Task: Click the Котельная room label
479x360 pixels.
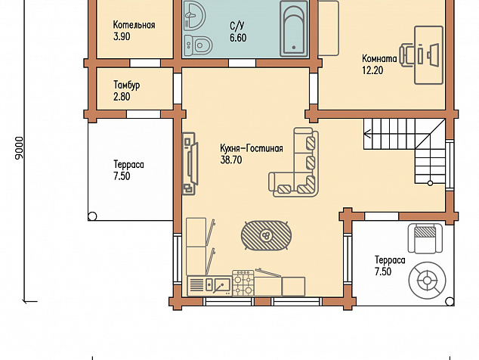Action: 134,25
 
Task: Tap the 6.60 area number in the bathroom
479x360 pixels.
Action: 238,38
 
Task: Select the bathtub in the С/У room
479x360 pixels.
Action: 294,29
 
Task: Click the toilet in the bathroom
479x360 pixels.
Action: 199,45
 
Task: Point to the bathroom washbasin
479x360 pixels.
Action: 195,15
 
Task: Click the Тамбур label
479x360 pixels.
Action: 127,85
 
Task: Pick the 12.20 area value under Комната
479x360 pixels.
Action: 372,70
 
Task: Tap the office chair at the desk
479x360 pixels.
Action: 408,54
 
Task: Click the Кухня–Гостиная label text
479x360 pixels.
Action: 252,148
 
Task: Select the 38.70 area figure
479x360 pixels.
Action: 231,160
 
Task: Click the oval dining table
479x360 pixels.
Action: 266,235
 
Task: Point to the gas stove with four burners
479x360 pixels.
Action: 243,283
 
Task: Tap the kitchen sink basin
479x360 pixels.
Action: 222,285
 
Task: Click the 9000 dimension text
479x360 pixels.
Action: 19,147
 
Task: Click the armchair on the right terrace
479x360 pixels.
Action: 425,238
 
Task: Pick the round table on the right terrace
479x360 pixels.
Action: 427,280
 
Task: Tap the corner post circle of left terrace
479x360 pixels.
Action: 92,216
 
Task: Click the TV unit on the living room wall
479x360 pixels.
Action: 190,163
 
